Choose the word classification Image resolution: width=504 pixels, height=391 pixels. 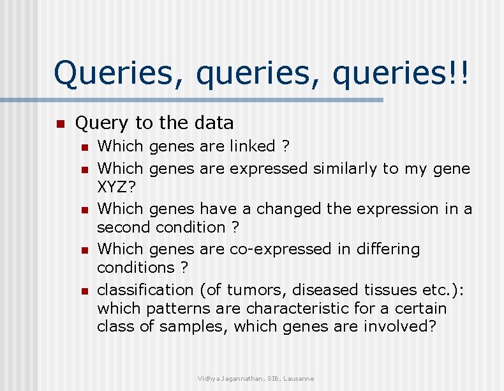(x=145, y=289)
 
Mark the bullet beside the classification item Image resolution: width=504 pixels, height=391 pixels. (x=83, y=291)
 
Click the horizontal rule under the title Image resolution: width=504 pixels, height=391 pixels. (x=191, y=100)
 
